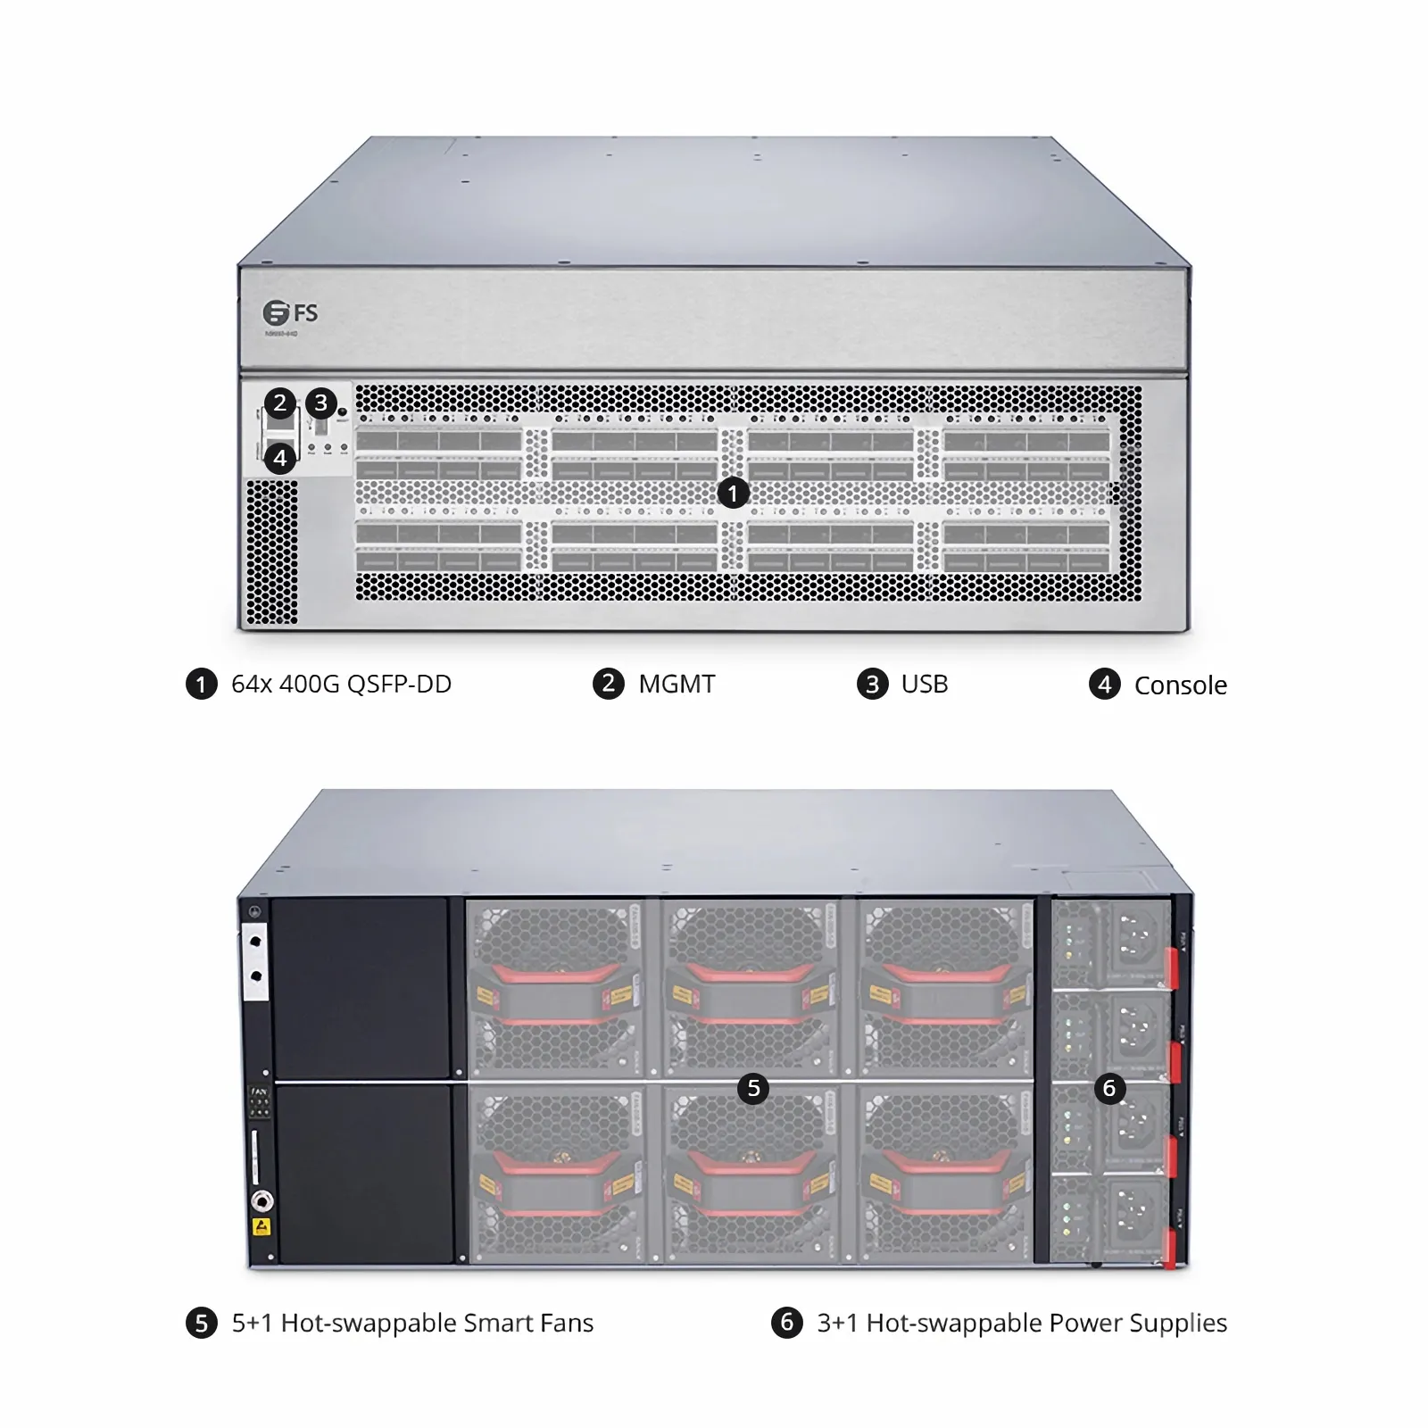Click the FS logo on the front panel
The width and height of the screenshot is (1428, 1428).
coord(290,313)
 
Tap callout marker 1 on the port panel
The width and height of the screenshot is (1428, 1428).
coord(733,493)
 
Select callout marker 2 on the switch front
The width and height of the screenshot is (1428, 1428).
coord(280,403)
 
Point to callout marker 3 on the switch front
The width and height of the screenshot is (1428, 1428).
coord(321,403)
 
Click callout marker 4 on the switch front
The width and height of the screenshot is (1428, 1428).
coord(280,458)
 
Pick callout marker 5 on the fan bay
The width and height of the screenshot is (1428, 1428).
coord(753,1088)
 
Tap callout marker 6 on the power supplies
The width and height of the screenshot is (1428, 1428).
coord(1109,1088)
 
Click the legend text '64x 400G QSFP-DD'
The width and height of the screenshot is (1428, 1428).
coord(341,685)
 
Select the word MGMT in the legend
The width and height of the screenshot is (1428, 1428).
coord(677,685)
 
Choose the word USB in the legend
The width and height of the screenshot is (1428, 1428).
coord(925,685)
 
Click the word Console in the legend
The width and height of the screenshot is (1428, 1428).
coord(1180,685)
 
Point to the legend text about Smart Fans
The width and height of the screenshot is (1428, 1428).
coord(412,1323)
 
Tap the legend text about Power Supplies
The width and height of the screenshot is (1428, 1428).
coord(1022,1323)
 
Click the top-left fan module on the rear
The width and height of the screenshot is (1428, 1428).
coord(556,987)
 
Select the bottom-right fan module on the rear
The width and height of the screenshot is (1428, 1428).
coord(943,1173)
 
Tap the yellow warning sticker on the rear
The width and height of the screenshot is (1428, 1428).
coord(262,1226)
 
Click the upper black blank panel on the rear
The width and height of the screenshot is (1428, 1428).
coord(360,987)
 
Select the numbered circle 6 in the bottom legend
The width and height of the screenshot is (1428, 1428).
coord(786,1322)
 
